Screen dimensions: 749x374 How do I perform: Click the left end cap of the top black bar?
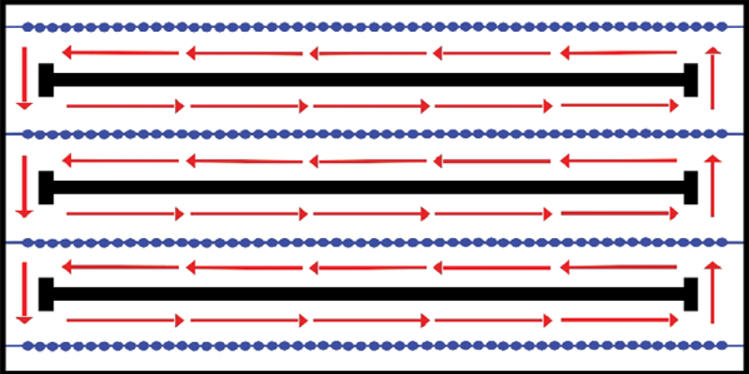(x=45, y=80)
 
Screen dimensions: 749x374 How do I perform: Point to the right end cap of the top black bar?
(x=692, y=80)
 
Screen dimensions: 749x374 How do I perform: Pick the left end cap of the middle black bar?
(x=45, y=187)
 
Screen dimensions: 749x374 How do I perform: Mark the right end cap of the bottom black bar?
(x=692, y=293)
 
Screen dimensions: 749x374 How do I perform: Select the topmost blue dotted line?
(x=374, y=26)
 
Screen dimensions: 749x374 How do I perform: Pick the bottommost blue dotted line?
(x=374, y=347)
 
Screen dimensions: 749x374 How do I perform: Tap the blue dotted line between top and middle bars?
(x=374, y=134)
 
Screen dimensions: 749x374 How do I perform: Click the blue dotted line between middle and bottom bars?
(x=374, y=242)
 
